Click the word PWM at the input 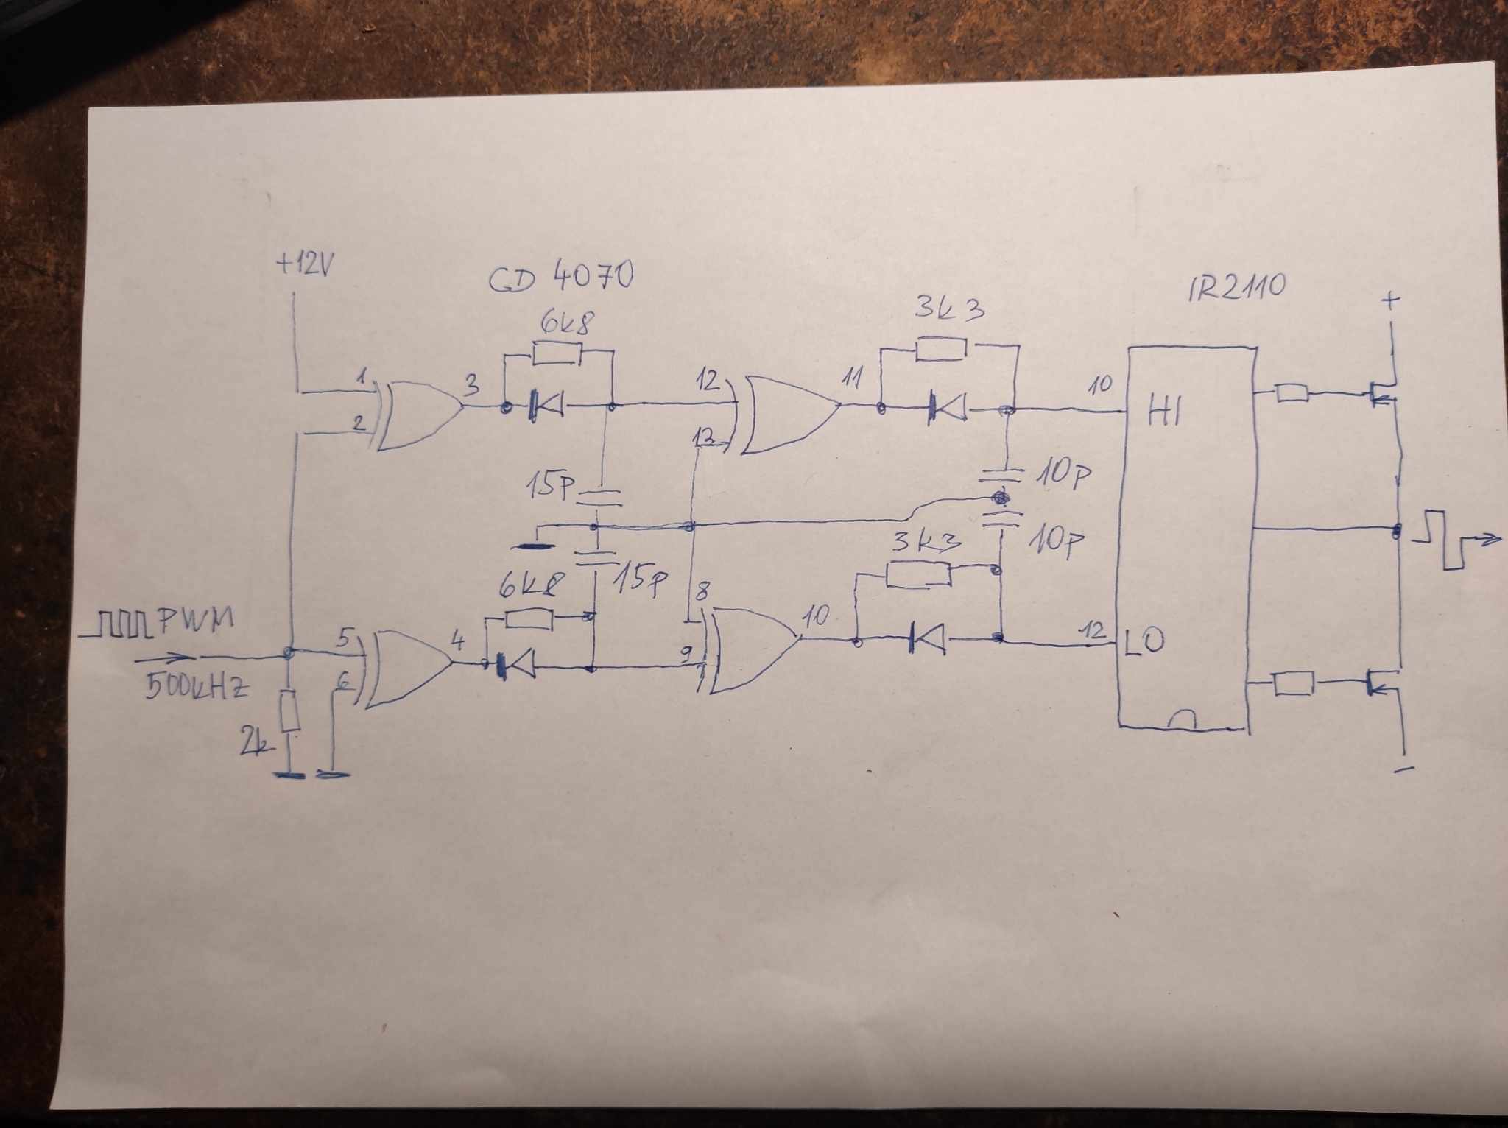(194, 622)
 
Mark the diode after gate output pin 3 (546, 405)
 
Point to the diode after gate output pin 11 (947, 406)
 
